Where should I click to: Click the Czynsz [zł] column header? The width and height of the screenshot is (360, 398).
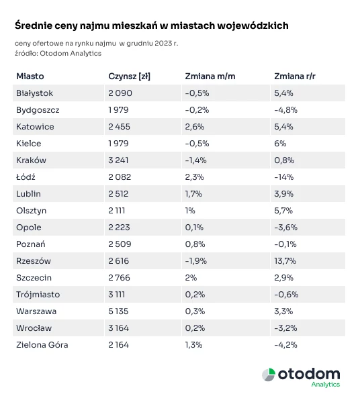click(130, 77)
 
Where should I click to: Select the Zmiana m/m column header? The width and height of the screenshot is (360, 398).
click(210, 76)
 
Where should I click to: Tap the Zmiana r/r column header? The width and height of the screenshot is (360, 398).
click(295, 76)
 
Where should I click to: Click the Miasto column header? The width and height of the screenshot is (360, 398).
click(30, 76)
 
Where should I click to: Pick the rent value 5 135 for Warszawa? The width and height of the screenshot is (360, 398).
click(118, 311)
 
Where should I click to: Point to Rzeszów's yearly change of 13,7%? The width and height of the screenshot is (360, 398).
click(285, 261)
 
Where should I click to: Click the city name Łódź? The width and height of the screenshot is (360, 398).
click(26, 177)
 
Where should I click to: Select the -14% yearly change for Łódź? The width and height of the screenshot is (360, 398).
click(284, 177)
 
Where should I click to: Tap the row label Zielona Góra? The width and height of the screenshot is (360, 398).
click(42, 345)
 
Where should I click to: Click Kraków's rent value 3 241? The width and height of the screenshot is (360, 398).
click(118, 160)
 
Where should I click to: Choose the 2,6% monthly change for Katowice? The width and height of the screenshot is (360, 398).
click(195, 127)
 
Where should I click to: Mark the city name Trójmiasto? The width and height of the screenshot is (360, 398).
click(38, 295)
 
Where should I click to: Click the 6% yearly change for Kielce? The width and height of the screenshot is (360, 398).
click(280, 144)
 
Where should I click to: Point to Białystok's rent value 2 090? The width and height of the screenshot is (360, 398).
click(120, 93)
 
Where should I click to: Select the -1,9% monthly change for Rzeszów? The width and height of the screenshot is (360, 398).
click(196, 261)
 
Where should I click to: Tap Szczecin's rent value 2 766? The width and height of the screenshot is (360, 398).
click(119, 278)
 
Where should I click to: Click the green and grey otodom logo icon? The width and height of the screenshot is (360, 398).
click(269, 375)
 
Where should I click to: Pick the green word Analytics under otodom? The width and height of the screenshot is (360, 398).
click(326, 385)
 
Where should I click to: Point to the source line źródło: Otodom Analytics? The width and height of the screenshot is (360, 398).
click(58, 53)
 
